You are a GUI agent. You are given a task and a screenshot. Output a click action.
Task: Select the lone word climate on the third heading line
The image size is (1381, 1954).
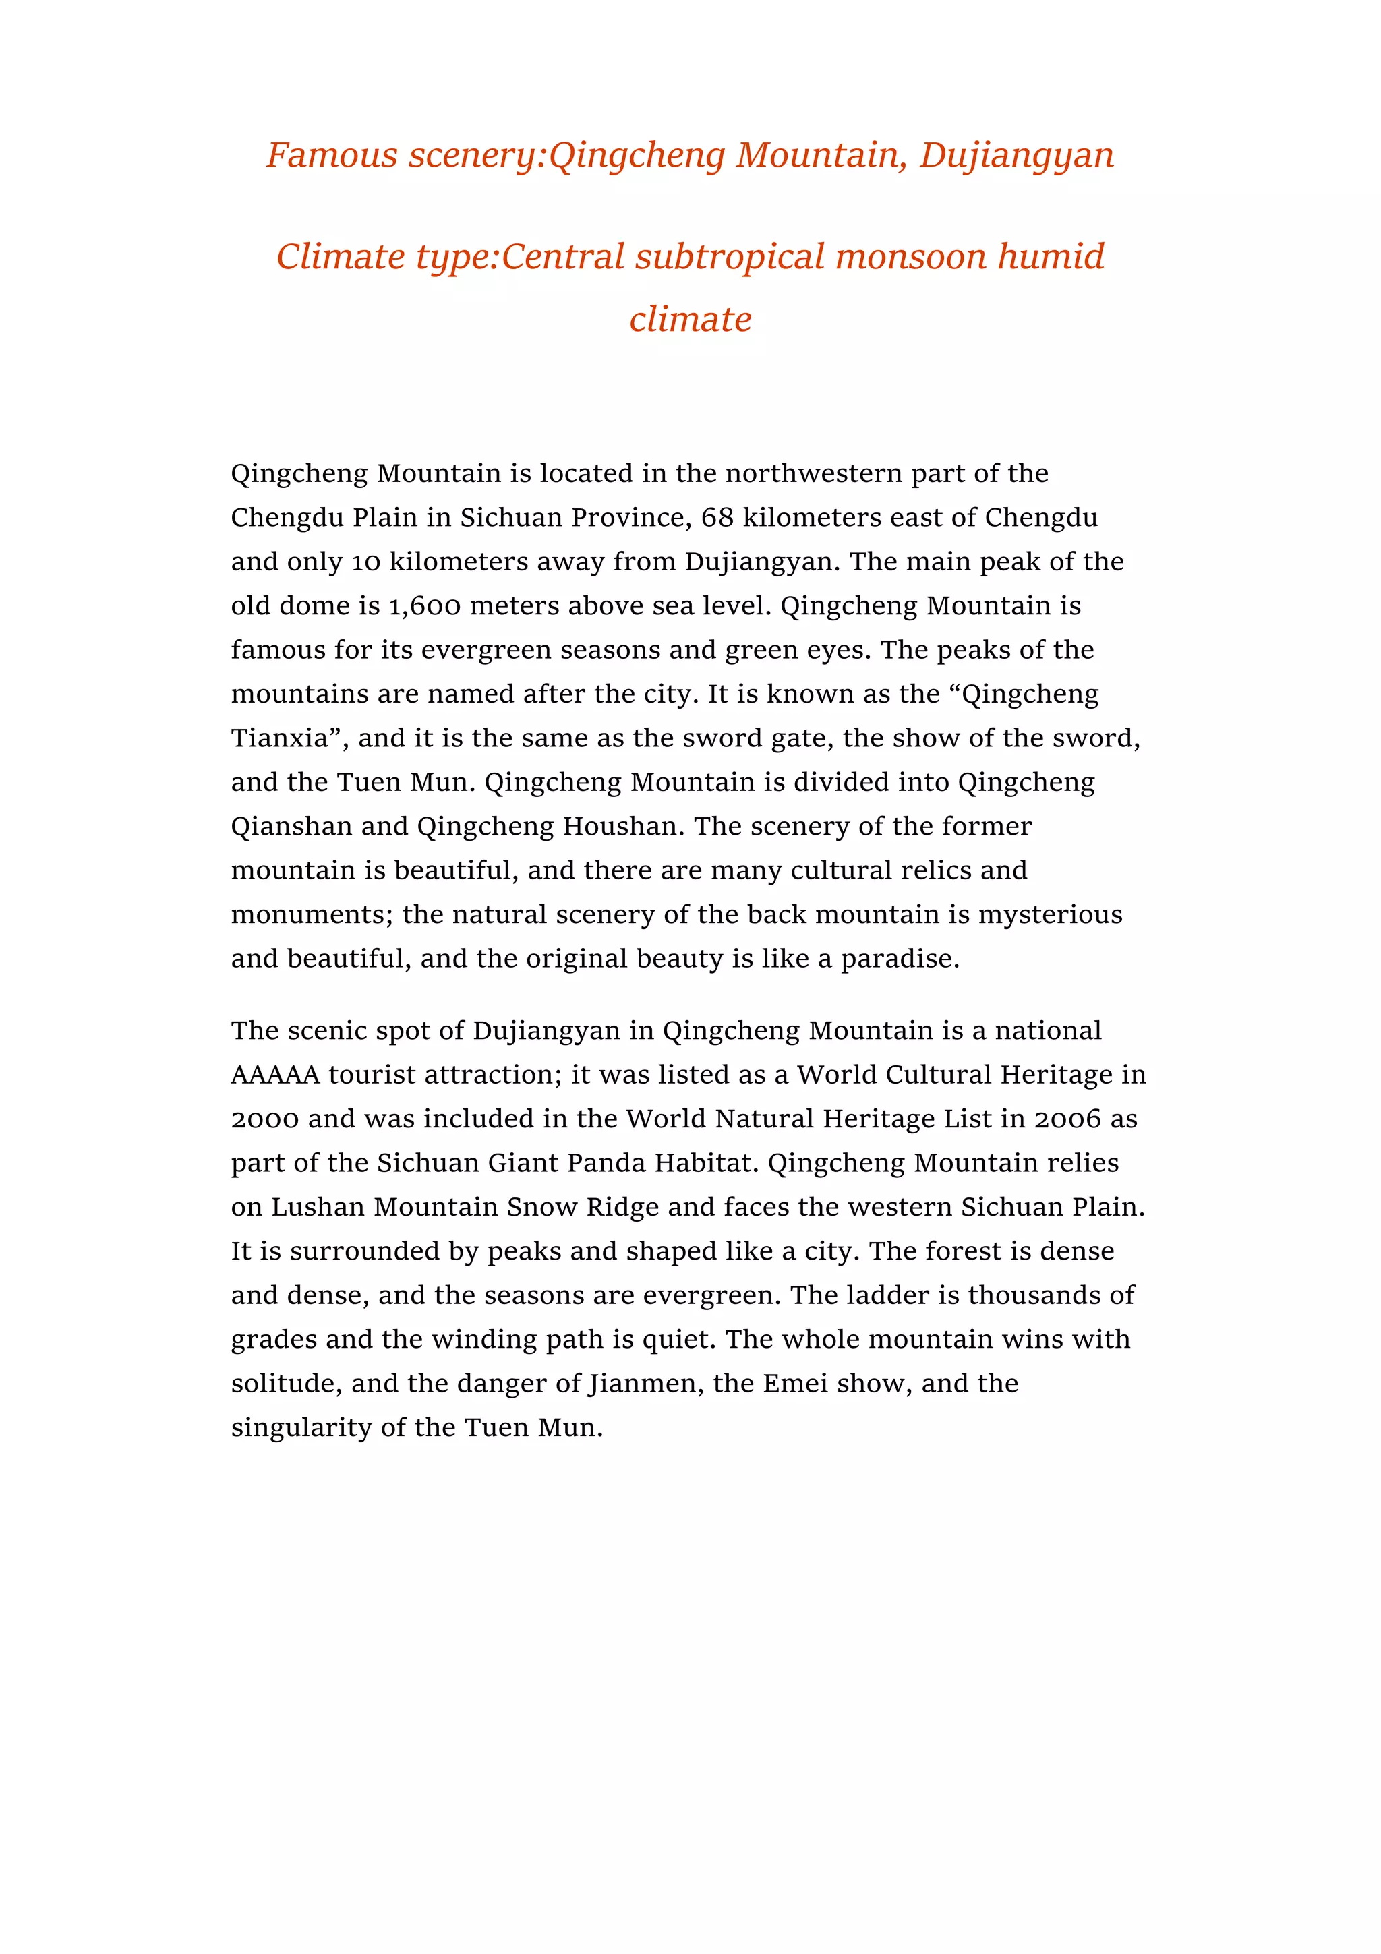[x=690, y=319]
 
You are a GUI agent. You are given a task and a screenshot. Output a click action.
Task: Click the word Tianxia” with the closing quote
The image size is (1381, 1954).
[x=290, y=738]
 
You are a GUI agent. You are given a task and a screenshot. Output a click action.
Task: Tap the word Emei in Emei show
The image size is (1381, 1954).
[x=795, y=1384]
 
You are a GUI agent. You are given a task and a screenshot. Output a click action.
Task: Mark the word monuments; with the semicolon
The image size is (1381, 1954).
[x=312, y=915]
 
